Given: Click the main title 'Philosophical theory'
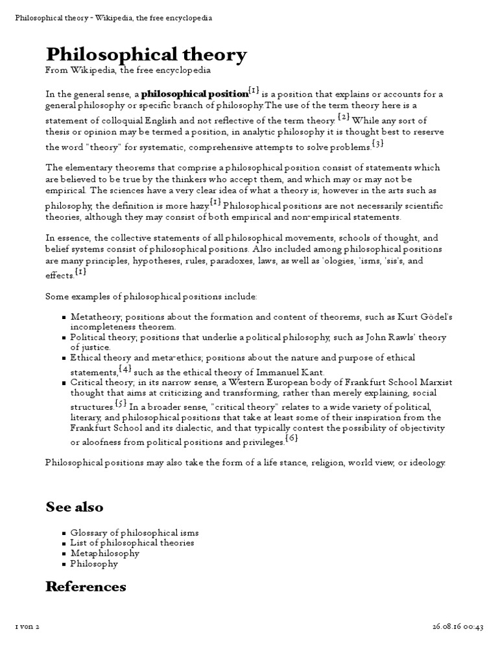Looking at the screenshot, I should (x=146, y=55).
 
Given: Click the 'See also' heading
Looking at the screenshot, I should (x=74, y=506).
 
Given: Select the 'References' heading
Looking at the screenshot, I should (x=86, y=586).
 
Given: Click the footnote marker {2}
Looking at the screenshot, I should (x=344, y=117).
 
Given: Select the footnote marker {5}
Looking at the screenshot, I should (x=121, y=403).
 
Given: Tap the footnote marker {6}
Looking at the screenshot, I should (x=292, y=439).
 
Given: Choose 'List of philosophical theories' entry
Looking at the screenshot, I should (x=132, y=542).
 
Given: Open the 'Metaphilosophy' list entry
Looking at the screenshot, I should (x=104, y=553).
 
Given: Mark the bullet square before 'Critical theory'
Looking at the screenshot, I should (x=64, y=383).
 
